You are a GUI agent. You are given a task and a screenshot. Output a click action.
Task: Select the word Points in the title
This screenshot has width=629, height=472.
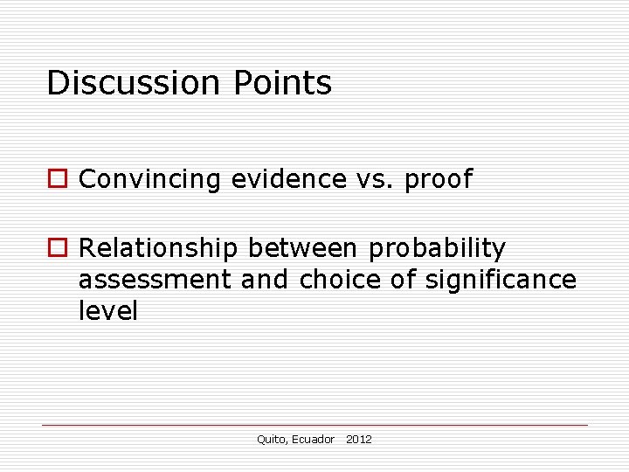click(282, 83)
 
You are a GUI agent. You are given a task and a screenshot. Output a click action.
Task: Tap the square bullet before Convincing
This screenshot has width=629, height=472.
click(57, 179)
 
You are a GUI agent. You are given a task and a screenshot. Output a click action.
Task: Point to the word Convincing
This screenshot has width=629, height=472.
click(150, 179)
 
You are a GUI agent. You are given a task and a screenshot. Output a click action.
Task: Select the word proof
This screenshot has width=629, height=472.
click(439, 180)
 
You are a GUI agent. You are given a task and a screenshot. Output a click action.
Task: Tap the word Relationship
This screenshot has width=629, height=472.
click(158, 249)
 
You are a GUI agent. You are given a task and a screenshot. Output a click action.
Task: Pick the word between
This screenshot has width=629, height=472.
click(302, 249)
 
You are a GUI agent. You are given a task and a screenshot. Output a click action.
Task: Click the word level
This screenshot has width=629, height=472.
click(108, 312)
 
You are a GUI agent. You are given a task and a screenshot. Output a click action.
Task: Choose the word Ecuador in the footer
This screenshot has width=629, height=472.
click(314, 440)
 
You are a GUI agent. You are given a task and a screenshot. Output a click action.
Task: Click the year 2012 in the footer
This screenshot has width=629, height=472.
click(359, 440)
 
